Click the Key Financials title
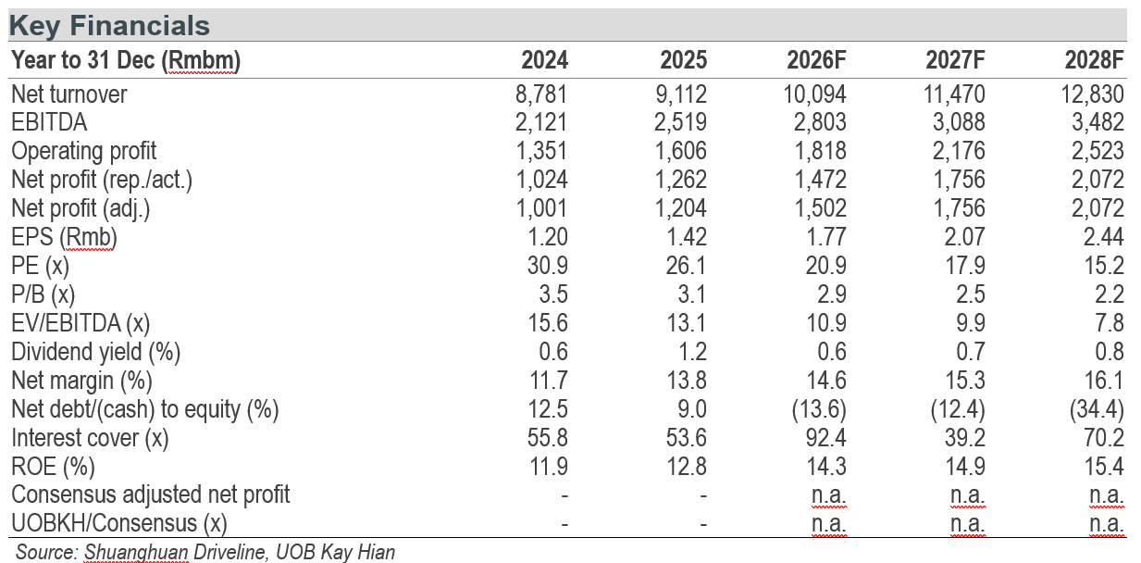point(109,26)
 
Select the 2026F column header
point(816,60)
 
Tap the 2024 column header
point(544,60)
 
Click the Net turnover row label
point(69,94)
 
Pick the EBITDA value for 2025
point(680,122)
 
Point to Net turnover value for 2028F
point(1092,94)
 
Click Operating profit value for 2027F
point(959,151)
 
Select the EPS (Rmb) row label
point(64,237)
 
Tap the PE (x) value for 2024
point(548,266)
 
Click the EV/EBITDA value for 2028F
point(1110,323)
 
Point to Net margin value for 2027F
point(965,381)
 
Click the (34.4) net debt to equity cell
point(1097,409)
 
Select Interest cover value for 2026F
point(825,438)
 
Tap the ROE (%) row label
point(53,467)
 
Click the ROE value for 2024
point(549,467)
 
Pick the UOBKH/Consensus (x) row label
point(119,524)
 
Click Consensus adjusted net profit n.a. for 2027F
point(968,495)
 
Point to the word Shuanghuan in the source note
point(136,552)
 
